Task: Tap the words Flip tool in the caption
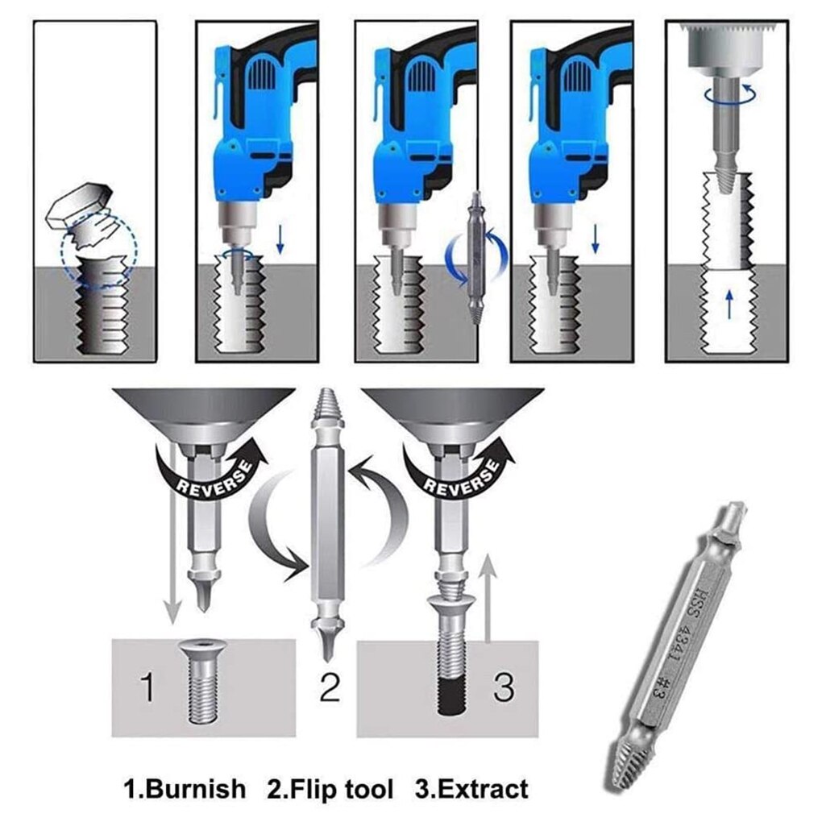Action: tap(330, 787)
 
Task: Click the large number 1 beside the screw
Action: tap(147, 687)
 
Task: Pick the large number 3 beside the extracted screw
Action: tap(503, 687)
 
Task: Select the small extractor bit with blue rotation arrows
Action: tap(475, 258)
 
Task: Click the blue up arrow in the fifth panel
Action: tap(729, 304)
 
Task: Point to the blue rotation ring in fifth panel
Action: tap(729, 94)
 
